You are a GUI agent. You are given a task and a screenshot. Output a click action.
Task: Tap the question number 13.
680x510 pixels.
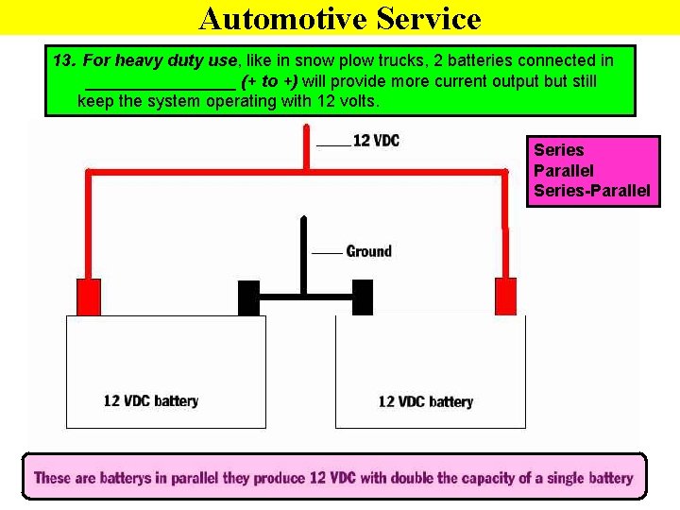click(x=64, y=60)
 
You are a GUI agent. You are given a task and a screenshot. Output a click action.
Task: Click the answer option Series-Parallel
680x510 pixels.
click(x=591, y=191)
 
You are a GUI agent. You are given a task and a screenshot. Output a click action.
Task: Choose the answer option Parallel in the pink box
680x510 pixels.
click(x=564, y=171)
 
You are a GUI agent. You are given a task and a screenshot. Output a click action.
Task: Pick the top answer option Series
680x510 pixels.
click(x=559, y=150)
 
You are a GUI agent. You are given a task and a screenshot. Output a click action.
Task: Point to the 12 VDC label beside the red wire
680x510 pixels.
click(x=375, y=141)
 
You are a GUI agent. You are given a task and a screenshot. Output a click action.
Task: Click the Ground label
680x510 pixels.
click(x=368, y=251)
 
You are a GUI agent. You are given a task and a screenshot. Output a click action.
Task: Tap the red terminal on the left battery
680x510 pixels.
click(x=89, y=296)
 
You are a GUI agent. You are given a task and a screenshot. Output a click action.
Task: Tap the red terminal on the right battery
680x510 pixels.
click(x=506, y=296)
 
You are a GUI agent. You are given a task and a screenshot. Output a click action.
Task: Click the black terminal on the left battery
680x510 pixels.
click(x=249, y=297)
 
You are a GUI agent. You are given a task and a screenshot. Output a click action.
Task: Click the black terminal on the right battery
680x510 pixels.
click(x=363, y=297)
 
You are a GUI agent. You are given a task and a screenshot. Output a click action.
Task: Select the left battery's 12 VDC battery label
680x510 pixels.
click(x=151, y=400)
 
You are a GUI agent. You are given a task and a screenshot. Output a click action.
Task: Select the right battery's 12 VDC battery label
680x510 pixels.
click(x=425, y=401)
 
